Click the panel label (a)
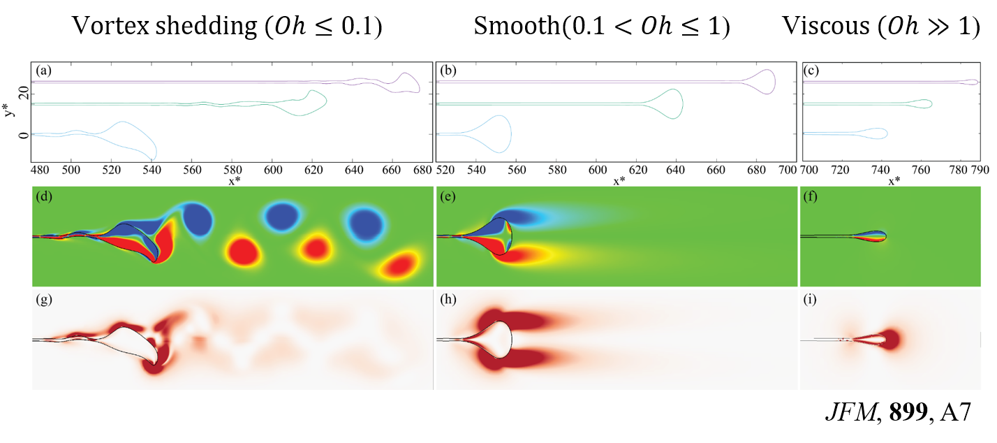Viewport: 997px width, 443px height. coord(43,71)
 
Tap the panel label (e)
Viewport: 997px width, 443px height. coord(447,196)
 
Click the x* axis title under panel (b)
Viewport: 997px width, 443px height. coord(619,182)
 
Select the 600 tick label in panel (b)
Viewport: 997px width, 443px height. coord(597,170)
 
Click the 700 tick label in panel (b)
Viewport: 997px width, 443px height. coord(787,170)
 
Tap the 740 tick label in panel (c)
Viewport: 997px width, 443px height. coord(882,170)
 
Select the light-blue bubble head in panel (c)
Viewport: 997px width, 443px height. coord(877,133)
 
